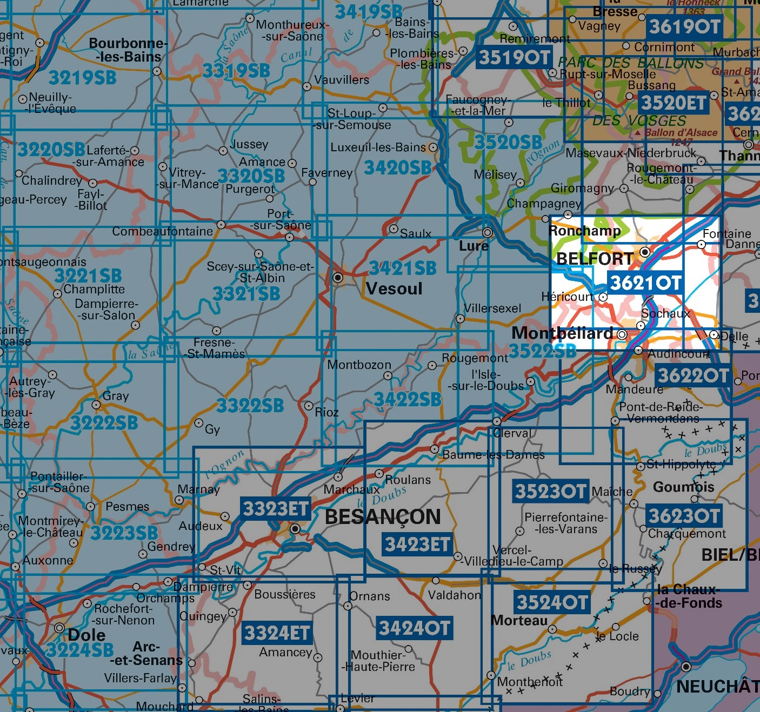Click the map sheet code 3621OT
[x=645, y=283]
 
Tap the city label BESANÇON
[x=383, y=517]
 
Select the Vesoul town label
[x=394, y=288]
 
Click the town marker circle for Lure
[x=488, y=233]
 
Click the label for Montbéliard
[x=562, y=333]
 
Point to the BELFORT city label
[x=595, y=259]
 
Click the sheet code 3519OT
[x=515, y=57]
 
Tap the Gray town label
[x=116, y=396]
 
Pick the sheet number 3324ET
[x=277, y=633]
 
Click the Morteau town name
[x=519, y=620]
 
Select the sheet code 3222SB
[x=104, y=422]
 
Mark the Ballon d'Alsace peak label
[x=681, y=132]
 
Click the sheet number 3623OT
[x=684, y=516]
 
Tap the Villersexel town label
[x=492, y=308]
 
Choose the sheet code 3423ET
[x=417, y=544]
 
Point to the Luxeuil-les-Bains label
[x=378, y=147]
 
